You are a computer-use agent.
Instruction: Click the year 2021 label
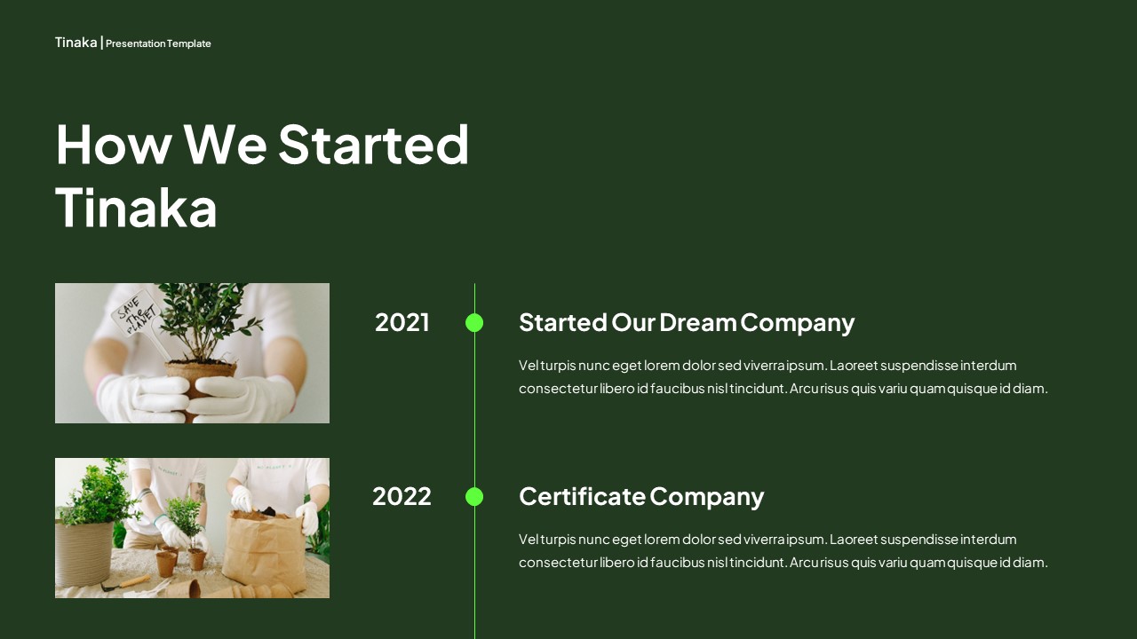[402, 322]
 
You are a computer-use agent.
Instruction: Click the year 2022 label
[402, 496]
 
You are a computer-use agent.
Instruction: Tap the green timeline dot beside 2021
[474, 322]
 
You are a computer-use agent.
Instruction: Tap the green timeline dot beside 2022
[474, 497]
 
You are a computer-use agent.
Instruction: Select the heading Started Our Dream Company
[686, 322]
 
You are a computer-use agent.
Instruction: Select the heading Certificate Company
[640, 496]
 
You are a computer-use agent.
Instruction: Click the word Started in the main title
[373, 144]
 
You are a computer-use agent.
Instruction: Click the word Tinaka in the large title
[136, 208]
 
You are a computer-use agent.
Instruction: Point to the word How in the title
[112, 144]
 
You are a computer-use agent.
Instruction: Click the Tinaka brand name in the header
[76, 43]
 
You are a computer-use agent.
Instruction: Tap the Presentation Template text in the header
[158, 43]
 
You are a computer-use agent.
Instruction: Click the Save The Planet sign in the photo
[137, 316]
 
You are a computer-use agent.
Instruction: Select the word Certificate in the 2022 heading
[582, 496]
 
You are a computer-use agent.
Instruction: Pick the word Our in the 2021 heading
[632, 322]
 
